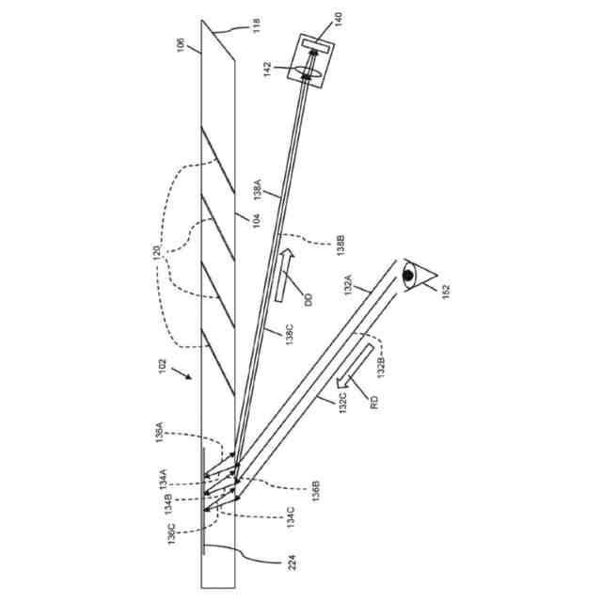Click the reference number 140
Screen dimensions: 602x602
(x=337, y=17)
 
